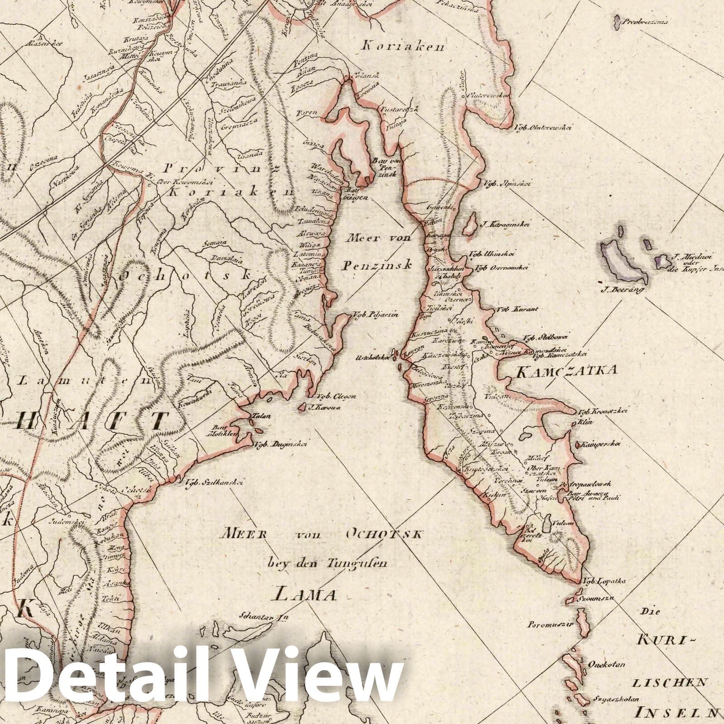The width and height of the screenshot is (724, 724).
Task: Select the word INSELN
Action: pos(675,714)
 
